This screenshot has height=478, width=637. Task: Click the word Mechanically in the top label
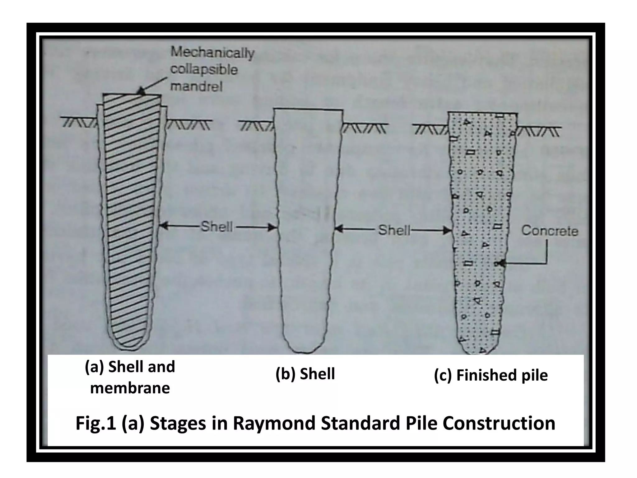[212, 53]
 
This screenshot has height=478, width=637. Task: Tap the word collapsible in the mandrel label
[204, 69]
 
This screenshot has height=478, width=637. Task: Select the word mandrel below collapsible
[196, 86]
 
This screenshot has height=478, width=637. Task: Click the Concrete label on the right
[549, 231]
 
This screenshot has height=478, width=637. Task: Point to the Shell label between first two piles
[216, 227]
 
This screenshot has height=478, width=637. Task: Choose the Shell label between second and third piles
[394, 231]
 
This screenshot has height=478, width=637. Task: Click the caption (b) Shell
[305, 374]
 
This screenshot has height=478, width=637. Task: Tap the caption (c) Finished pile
[491, 375]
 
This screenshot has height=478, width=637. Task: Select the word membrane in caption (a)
[130, 388]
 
